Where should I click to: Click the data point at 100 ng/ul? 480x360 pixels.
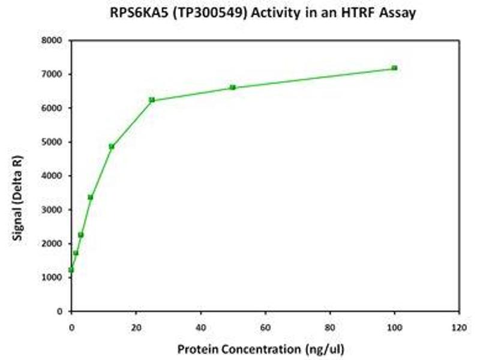[394, 68]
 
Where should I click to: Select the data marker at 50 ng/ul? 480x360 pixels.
[233, 88]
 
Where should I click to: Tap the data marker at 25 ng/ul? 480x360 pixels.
[152, 100]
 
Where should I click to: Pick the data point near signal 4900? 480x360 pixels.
[112, 146]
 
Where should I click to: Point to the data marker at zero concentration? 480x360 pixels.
[71, 270]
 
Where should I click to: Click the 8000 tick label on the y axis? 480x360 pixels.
[53, 41]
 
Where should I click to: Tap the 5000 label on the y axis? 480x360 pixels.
[53, 142]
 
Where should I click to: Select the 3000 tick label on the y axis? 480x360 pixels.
[53, 210]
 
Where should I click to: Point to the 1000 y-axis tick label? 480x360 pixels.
[53, 278]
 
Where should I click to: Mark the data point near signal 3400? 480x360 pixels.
[91, 197]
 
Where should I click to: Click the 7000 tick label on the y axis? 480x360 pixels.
[53, 74]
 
